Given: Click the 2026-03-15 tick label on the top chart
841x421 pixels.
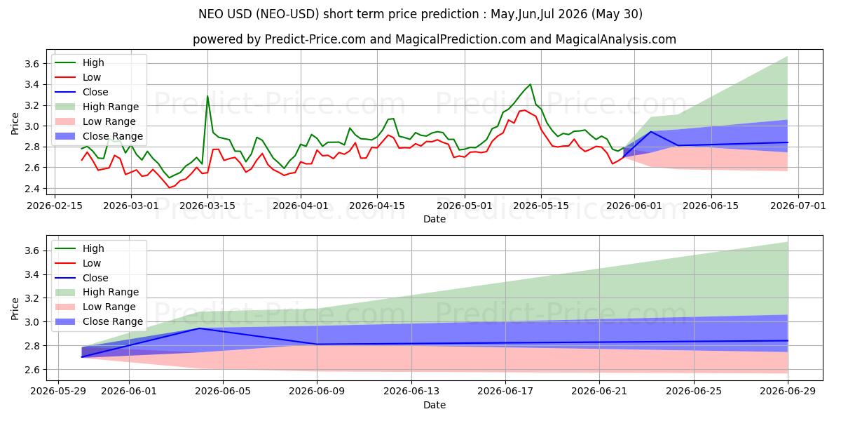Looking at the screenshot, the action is [207, 206].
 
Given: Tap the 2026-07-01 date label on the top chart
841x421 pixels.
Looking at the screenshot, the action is [798, 206].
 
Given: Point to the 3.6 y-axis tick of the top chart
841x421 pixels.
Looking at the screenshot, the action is [32, 64].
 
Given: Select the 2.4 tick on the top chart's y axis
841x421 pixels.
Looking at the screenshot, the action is [32, 189].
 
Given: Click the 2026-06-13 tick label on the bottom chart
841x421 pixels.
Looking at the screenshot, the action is [411, 392].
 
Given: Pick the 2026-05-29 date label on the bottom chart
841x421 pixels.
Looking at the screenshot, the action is [58, 392].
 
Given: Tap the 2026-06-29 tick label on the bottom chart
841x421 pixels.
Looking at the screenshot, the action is [788, 392].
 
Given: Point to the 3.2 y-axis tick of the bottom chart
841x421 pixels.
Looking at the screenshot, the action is [32, 298].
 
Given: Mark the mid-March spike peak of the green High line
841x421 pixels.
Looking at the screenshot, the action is [207, 96].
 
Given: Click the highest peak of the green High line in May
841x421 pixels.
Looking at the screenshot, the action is [530, 84].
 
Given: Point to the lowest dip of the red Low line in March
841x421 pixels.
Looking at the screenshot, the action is [170, 188].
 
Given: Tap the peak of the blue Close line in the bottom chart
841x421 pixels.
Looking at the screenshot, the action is [199, 328].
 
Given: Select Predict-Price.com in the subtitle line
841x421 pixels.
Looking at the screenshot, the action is [315, 39].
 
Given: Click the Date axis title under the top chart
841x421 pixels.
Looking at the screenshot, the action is [435, 219].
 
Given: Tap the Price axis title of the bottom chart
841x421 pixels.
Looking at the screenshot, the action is [15, 309].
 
